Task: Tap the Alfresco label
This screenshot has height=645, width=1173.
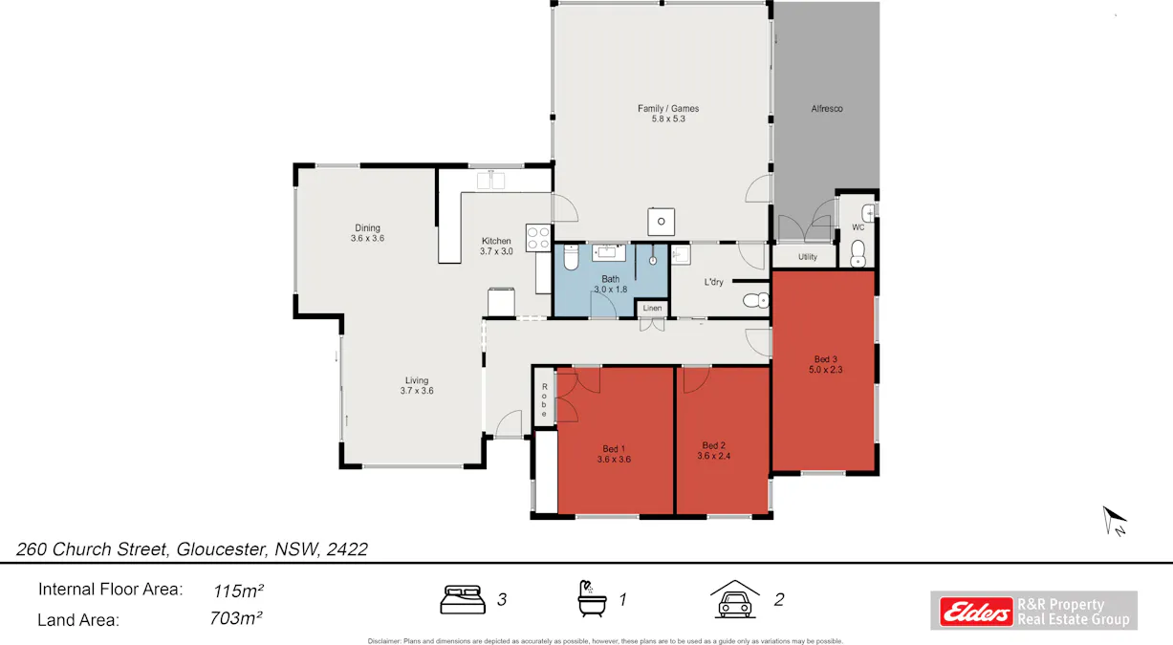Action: pyautogui.click(x=827, y=109)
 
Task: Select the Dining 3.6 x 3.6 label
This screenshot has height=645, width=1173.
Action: pyautogui.click(x=367, y=233)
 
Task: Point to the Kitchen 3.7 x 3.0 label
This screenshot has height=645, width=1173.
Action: pyautogui.click(x=496, y=246)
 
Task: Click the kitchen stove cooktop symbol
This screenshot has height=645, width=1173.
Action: pyautogui.click(x=538, y=237)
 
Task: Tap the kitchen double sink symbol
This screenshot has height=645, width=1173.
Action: pyautogui.click(x=491, y=180)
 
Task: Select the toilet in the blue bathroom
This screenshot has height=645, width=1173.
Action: pyautogui.click(x=570, y=258)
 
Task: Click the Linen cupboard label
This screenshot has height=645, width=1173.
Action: pyautogui.click(x=652, y=308)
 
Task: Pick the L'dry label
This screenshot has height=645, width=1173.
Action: pyautogui.click(x=713, y=282)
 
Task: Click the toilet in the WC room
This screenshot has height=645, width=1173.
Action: pyautogui.click(x=858, y=253)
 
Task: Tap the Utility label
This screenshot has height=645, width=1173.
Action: pyautogui.click(x=808, y=257)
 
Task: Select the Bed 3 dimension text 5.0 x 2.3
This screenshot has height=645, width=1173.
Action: pyautogui.click(x=825, y=369)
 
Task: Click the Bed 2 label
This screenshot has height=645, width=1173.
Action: pyautogui.click(x=714, y=445)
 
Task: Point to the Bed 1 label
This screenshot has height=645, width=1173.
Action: pyautogui.click(x=614, y=448)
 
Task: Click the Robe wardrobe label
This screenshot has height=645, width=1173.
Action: pyautogui.click(x=544, y=400)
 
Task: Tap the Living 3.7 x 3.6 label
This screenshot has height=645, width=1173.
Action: pyautogui.click(x=416, y=385)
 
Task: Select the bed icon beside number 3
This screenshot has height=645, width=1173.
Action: pyautogui.click(x=463, y=599)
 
